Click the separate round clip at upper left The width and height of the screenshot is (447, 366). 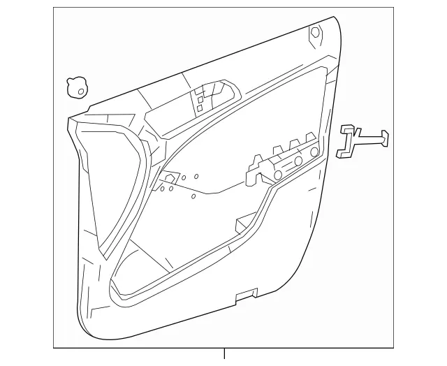[x=75, y=87]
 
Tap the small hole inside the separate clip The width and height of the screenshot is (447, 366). [x=81, y=91]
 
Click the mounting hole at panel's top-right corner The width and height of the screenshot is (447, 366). [x=315, y=32]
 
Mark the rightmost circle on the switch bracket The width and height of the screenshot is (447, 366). [x=315, y=152]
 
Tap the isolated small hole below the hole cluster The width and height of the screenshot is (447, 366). [x=192, y=196]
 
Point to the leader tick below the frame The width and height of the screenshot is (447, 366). [x=224, y=355]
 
